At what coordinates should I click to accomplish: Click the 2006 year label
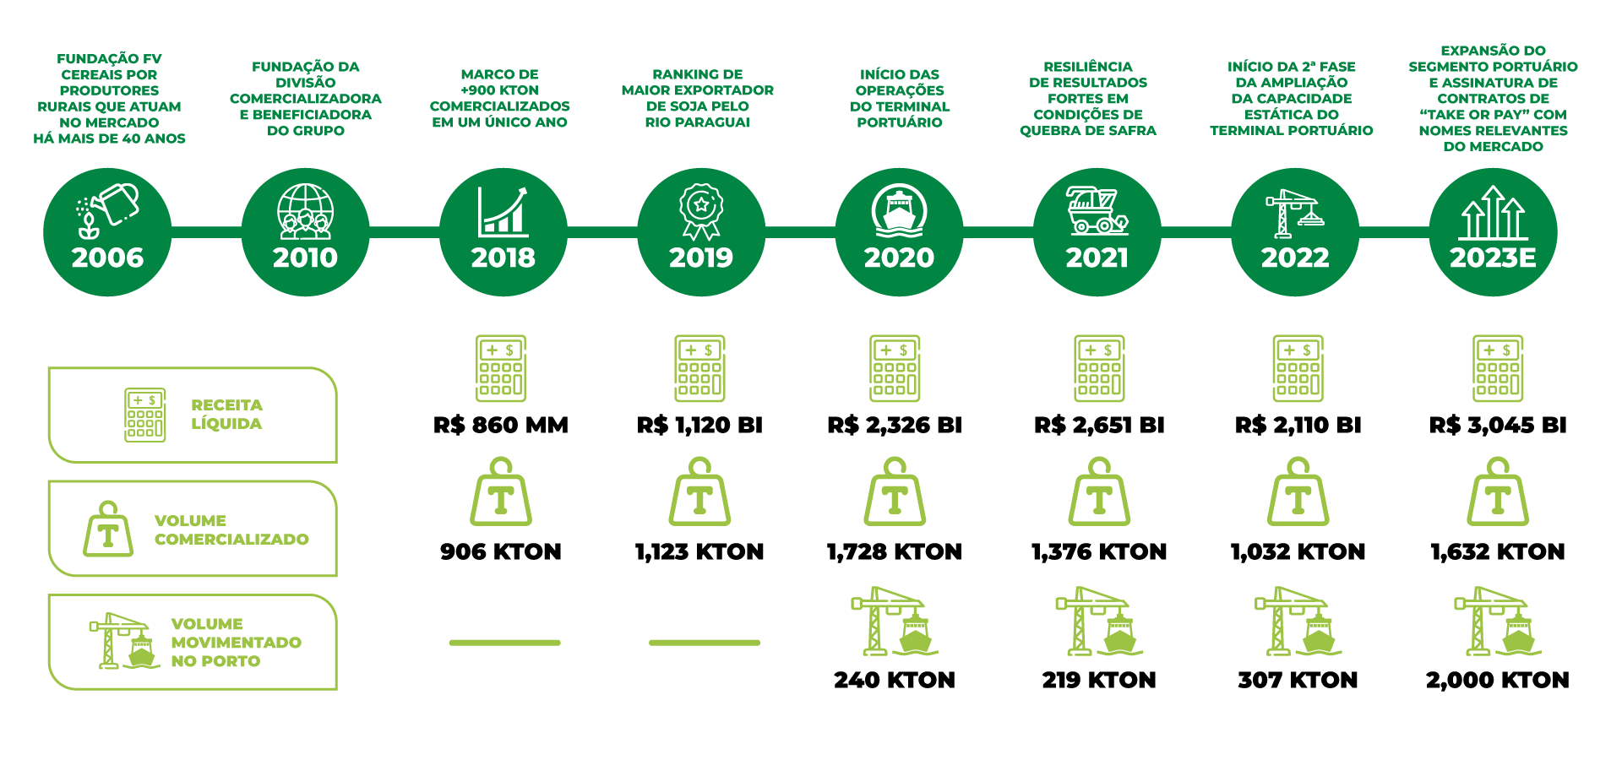(x=107, y=258)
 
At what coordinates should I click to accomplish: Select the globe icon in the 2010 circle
(x=305, y=211)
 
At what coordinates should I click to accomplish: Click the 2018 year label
(x=503, y=258)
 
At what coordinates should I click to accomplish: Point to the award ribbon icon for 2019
(x=701, y=211)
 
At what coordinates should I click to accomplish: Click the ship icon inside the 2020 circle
(x=899, y=211)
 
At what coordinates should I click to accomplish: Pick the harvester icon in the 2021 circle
(x=1097, y=211)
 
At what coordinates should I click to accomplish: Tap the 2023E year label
(x=1493, y=258)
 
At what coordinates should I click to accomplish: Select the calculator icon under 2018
(x=501, y=368)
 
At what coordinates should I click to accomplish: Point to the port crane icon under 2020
(x=894, y=622)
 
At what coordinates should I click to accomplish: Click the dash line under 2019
(x=705, y=643)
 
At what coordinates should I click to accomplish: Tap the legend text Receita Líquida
(x=226, y=415)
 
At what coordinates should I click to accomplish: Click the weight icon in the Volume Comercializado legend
(x=108, y=529)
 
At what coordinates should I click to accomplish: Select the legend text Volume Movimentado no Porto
(x=235, y=643)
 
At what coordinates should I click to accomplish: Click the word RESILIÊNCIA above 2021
(x=1087, y=67)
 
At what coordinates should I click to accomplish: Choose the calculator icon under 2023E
(x=1498, y=368)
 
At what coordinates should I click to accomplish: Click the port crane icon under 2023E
(x=1497, y=622)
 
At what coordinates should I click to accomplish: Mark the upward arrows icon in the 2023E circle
(x=1493, y=213)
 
